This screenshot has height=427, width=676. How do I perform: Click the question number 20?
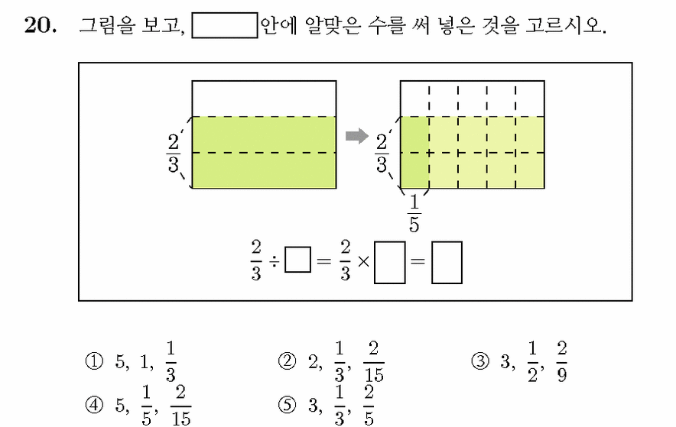(40, 24)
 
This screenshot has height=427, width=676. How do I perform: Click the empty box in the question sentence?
(225, 26)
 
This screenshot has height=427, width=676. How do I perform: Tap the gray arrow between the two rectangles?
(357, 137)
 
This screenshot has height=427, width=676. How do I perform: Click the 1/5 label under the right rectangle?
(414, 214)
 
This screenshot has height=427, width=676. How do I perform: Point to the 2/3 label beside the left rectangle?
(174, 153)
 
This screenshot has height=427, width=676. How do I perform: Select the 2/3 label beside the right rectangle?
(382, 153)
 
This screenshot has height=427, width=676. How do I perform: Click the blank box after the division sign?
(298, 260)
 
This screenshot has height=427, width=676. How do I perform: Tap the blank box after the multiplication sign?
(390, 263)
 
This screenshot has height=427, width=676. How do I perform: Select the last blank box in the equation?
(447, 263)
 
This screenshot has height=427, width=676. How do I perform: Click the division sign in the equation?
(275, 260)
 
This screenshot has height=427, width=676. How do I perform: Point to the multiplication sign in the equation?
(363, 260)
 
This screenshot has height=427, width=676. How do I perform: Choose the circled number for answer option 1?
(94, 361)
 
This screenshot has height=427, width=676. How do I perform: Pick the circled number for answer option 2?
(287, 361)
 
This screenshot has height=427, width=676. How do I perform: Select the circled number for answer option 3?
(480, 361)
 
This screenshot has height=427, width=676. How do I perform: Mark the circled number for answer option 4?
(94, 405)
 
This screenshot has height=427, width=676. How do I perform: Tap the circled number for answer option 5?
(287, 405)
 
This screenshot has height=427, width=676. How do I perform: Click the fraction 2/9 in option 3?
(561, 361)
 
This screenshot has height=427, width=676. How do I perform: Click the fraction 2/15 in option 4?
(181, 405)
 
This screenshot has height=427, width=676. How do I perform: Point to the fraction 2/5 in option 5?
(369, 405)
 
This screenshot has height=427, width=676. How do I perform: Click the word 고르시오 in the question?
(566, 25)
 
